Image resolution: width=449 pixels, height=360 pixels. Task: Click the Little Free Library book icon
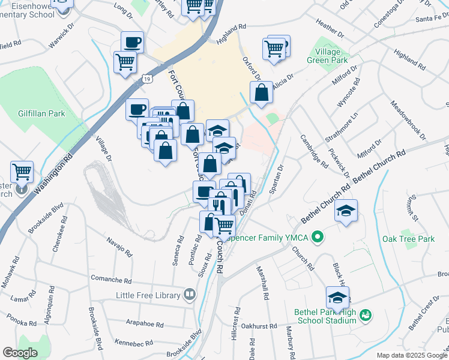tap(190, 295)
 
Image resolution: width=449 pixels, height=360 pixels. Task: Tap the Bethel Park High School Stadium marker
tap(366, 315)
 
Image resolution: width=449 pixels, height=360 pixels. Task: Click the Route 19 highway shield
tap(147, 79)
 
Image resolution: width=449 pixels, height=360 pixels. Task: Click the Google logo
tap(19, 353)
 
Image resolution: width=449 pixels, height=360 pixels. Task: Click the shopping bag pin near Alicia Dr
tap(261, 93)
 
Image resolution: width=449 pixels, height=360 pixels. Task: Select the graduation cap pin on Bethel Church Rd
tap(346, 211)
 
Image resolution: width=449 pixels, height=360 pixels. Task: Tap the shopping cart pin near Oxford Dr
tap(274, 48)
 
